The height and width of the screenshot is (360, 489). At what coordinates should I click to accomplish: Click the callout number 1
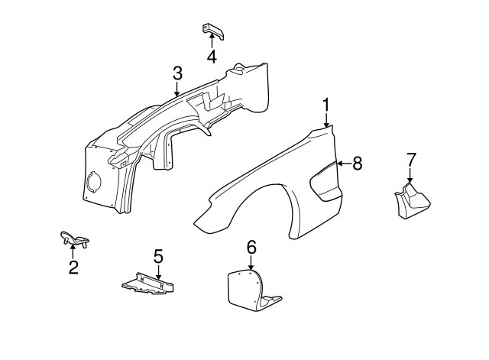[326, 105]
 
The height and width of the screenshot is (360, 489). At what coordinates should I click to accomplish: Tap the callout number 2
[73, 267]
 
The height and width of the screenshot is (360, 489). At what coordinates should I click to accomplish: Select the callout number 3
[177, 73]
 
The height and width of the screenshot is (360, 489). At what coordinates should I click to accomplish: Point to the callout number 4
[212, 57]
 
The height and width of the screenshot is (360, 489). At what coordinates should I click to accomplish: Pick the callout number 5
[158, 256]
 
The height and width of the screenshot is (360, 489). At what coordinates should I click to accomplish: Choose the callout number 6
[251, 247]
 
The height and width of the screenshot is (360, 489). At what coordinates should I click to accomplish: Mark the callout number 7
[411, 160]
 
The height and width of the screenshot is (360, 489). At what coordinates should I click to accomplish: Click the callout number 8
[358, 163]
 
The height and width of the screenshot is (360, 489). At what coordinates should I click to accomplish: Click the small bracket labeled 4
[213, 31]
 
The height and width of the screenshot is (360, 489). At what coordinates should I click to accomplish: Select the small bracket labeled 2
[74, 239]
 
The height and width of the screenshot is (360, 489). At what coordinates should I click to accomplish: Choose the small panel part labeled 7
[413, 201]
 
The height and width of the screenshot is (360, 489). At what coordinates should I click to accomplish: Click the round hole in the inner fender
[94, 182]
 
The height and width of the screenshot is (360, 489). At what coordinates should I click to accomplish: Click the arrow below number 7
[410, 175]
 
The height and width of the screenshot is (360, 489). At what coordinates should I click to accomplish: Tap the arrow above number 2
[73, 251]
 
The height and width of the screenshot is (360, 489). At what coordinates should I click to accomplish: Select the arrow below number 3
[176, 89]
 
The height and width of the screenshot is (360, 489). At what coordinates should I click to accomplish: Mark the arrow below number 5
[158, 272]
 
